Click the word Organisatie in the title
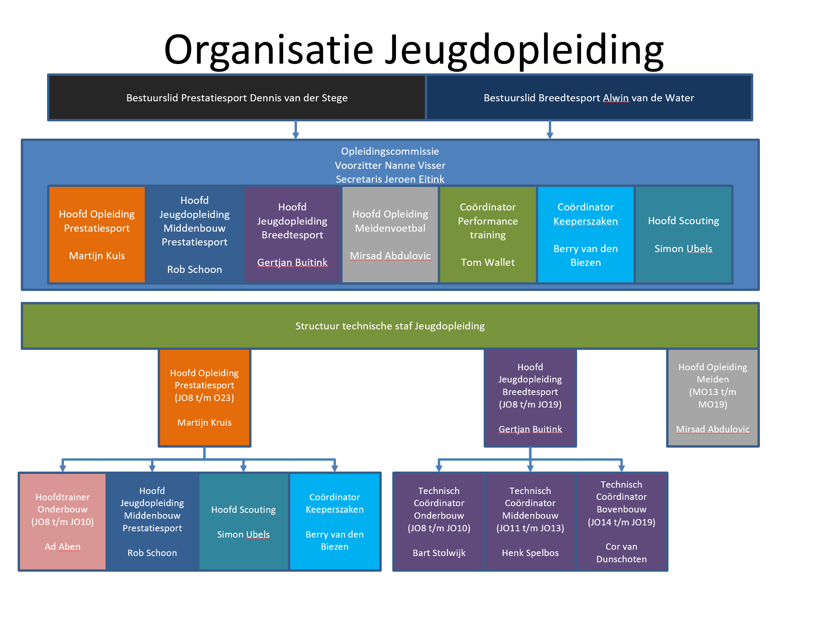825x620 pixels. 269,50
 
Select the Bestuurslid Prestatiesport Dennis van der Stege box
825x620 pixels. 237,97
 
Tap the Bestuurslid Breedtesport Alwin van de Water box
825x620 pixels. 589,97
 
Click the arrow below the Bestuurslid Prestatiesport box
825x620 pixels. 296,130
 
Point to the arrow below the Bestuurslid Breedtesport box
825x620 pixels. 550,130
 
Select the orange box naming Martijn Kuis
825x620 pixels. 97,234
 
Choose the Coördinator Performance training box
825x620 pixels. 488,234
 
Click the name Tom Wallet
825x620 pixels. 488,262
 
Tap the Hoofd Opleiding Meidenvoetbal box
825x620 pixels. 390,234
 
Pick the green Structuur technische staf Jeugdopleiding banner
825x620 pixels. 390,326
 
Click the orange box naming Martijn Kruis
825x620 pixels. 204,397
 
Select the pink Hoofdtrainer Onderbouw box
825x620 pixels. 63,521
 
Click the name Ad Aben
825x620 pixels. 63,547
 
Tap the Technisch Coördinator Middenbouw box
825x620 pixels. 530,521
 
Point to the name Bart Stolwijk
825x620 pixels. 439,553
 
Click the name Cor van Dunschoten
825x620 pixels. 621,553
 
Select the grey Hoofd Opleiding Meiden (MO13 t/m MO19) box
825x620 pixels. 713,397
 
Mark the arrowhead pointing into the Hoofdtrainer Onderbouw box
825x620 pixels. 63,468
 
